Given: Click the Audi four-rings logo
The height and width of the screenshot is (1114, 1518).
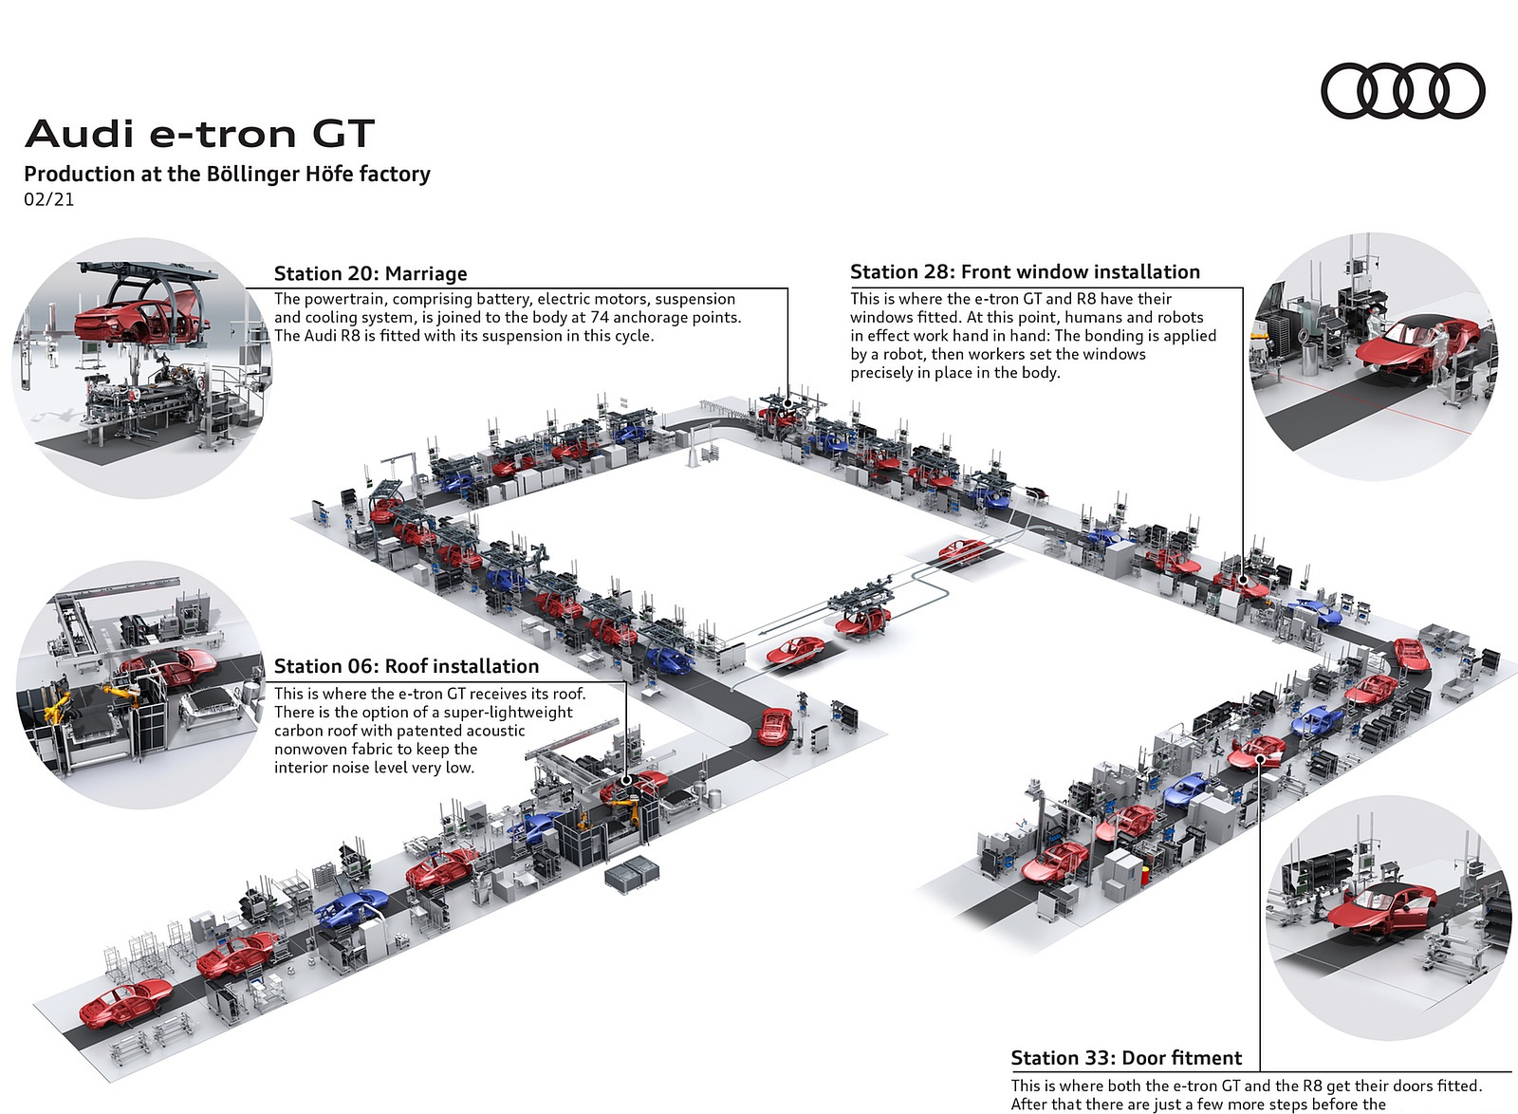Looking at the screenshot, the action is click(1403, 91).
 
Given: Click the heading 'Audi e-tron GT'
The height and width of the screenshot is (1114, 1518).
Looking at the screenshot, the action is click(199, 134).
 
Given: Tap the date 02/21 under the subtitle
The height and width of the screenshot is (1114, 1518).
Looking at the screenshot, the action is click(48, 199).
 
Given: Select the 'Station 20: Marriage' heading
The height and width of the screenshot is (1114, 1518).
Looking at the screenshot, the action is click(370, 273).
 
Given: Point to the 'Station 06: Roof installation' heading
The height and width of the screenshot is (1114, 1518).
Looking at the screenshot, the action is click(406, 666).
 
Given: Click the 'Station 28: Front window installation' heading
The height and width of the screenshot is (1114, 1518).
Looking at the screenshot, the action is click(1025, 272).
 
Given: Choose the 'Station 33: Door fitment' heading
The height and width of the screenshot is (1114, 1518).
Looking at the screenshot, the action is click(1126, 1058).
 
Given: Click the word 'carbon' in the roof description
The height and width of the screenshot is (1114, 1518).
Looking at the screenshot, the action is click(298, 731).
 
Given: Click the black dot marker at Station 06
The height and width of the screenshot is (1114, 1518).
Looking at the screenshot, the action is click(626, 781).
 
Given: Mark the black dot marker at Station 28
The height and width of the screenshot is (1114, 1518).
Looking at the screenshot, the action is click(1243, 577).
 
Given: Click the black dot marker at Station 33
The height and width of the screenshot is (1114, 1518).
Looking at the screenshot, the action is click(1260, 758).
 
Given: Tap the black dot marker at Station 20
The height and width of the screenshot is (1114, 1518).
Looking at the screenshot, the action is click(787, 403).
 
